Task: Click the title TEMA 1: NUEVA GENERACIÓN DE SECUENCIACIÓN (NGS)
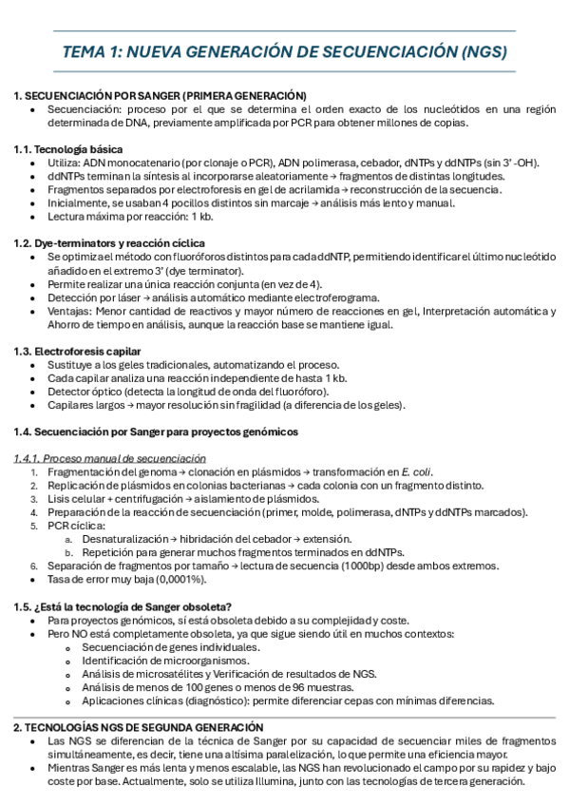pos(284,51)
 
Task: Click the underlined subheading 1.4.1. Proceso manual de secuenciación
pos(110,458)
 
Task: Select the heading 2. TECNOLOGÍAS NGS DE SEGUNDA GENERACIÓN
pos(138,727)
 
